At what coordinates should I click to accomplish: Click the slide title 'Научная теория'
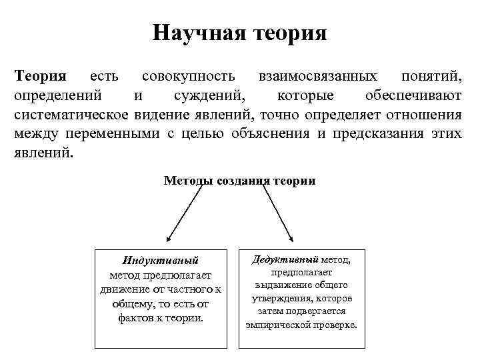(239, 33)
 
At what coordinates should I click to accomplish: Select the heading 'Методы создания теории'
(239, 181)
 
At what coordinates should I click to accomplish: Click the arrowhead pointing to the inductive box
(169, 238)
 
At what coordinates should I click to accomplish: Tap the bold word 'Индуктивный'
(161, 261)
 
